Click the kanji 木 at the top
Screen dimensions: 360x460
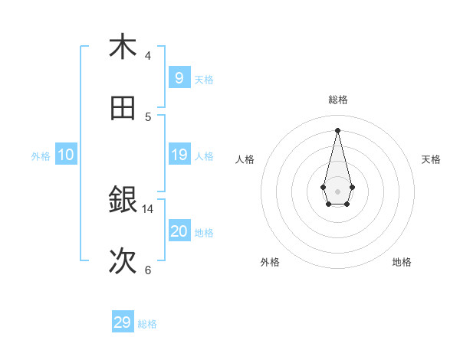(123, 47)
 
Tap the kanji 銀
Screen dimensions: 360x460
(123, 200)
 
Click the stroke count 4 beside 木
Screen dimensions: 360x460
(148, 55)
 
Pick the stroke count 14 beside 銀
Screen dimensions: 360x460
(148, 208)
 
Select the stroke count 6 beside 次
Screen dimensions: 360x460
(148, 270)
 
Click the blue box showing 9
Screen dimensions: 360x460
(179, 78)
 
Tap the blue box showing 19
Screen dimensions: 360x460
(179, 155)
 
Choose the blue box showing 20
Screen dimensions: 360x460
(179, 231)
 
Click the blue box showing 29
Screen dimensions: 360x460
(123, 322)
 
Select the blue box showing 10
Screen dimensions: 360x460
(66, 155)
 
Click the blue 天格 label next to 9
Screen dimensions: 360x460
(204, 80)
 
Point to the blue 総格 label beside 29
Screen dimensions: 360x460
(148, 324)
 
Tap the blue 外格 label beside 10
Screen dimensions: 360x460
(41, 156)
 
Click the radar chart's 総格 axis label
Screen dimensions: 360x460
(338, 100)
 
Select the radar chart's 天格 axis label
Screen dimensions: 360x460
(431, 159)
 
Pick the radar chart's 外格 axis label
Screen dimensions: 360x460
(270, 263)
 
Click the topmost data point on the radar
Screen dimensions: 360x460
(337, 129)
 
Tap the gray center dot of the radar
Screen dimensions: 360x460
(337, 191)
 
